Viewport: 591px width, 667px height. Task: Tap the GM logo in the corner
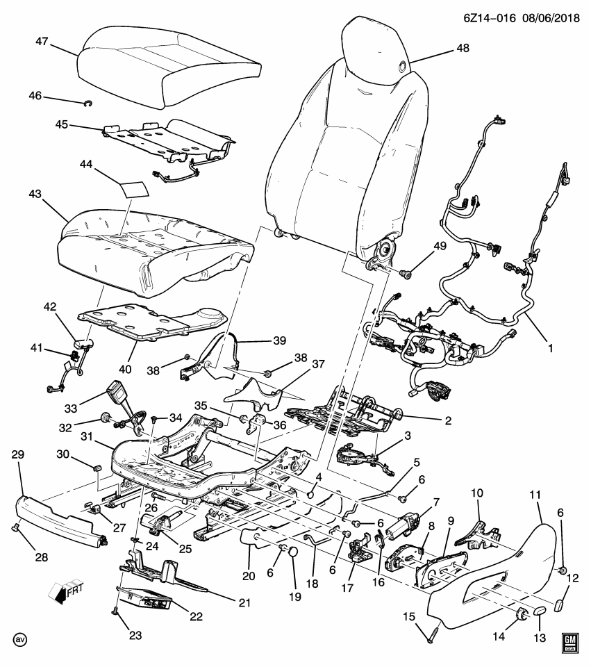[x=570, y=642]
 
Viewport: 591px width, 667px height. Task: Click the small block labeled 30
[x=98, y=466]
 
